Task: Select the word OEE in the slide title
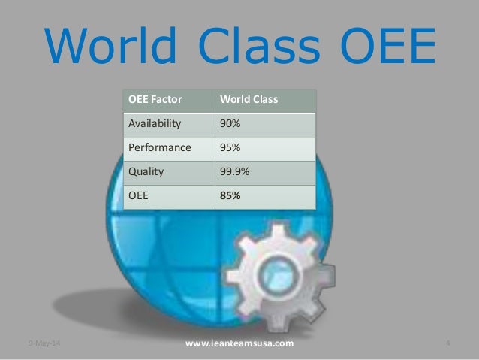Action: coord(390,47)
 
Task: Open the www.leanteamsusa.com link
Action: coord(239,344)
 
